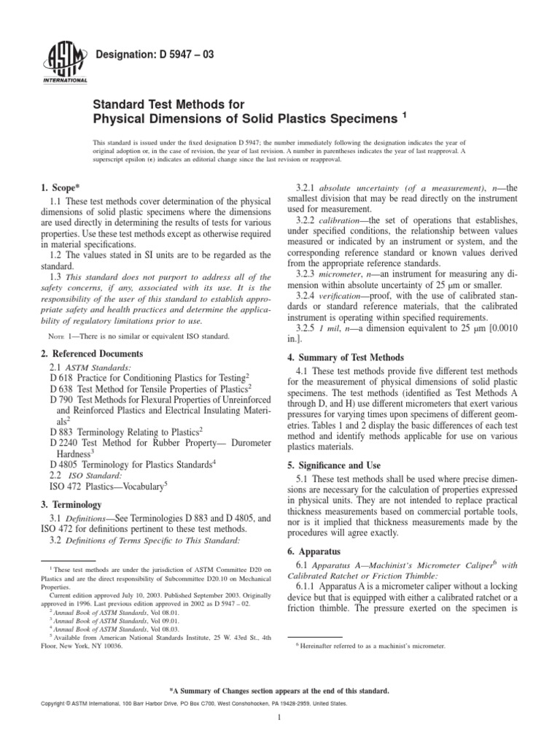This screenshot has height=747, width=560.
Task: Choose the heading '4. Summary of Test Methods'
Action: point(355,358)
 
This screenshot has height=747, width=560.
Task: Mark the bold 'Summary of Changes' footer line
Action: point(280,689)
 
